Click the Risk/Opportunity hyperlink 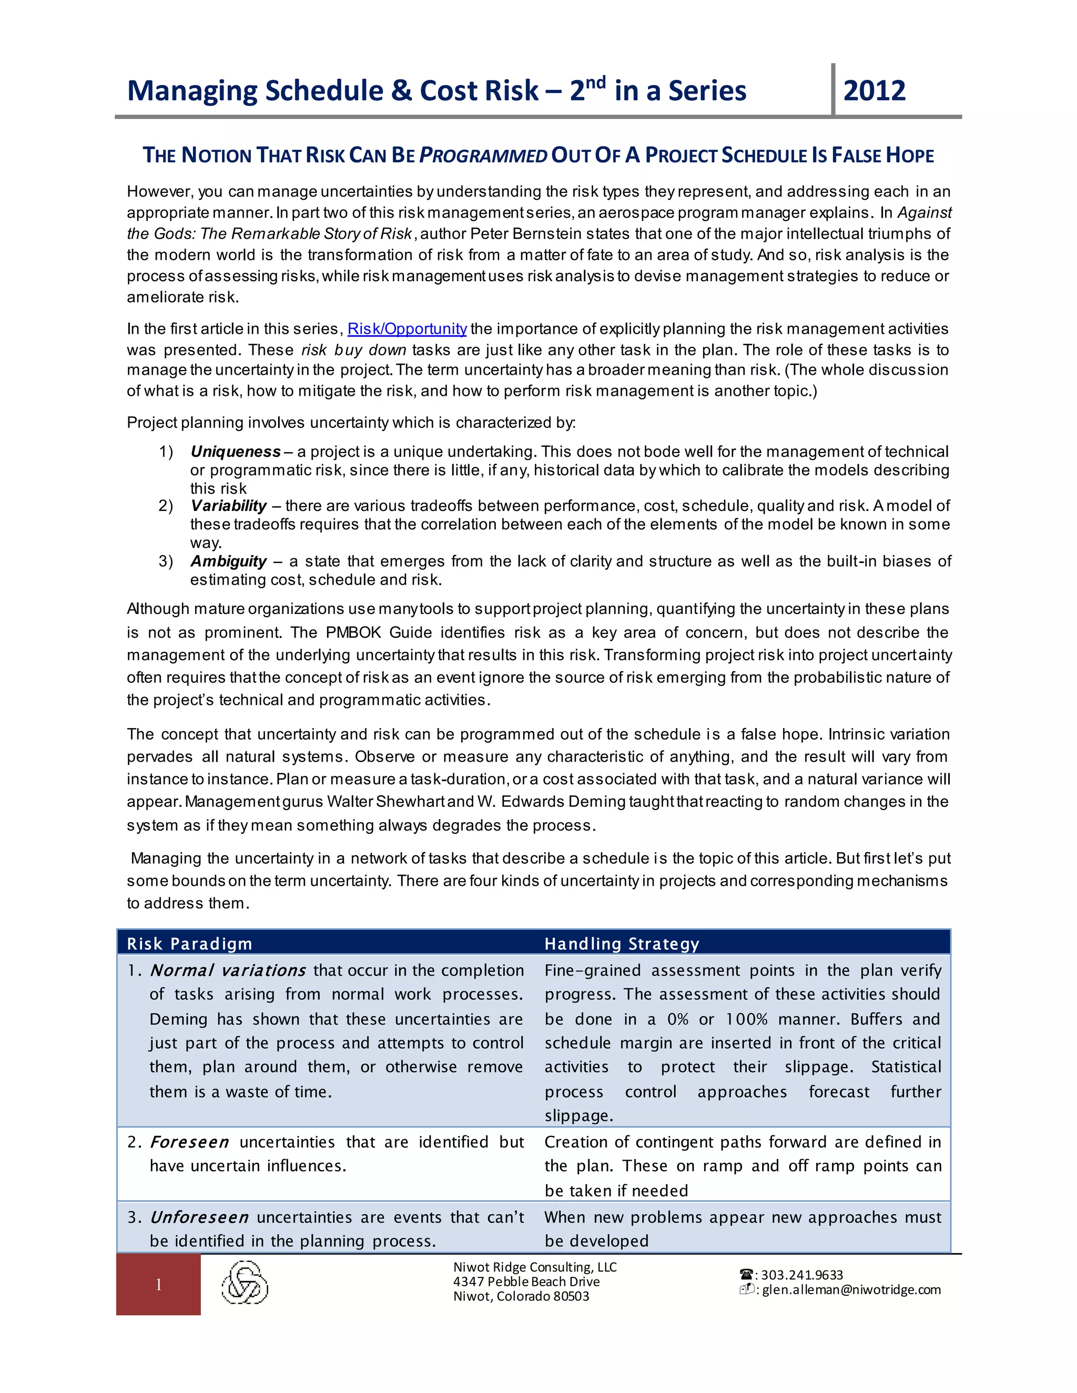407,329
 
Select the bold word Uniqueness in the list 236,452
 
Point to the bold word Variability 228,506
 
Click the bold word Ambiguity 228,561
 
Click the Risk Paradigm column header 189,944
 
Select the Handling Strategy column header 622,944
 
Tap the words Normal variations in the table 228,971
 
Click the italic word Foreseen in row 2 189,1142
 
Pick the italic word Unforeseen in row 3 199,1217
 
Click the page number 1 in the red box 158,1285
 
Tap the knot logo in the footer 245,1283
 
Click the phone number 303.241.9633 801,1275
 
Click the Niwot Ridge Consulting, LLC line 535,1267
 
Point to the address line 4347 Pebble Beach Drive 526,1282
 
